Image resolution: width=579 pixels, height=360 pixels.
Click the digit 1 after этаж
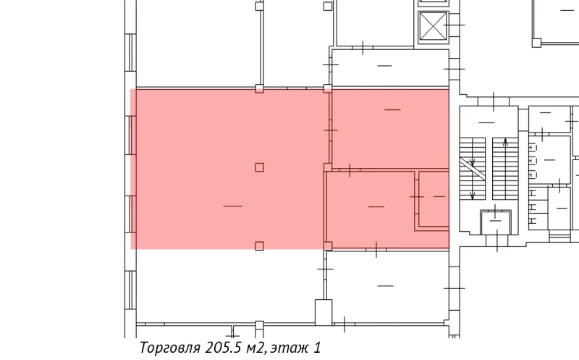(317, 348)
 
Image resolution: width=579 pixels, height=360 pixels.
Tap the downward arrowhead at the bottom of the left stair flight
(473, 196)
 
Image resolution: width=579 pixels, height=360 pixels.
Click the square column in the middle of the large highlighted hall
(259, 167)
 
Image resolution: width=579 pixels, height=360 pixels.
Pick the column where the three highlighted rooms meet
(328, 167)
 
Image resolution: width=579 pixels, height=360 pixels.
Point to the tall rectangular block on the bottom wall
(322, 312)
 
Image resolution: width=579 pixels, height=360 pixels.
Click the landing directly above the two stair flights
(489, 120)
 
